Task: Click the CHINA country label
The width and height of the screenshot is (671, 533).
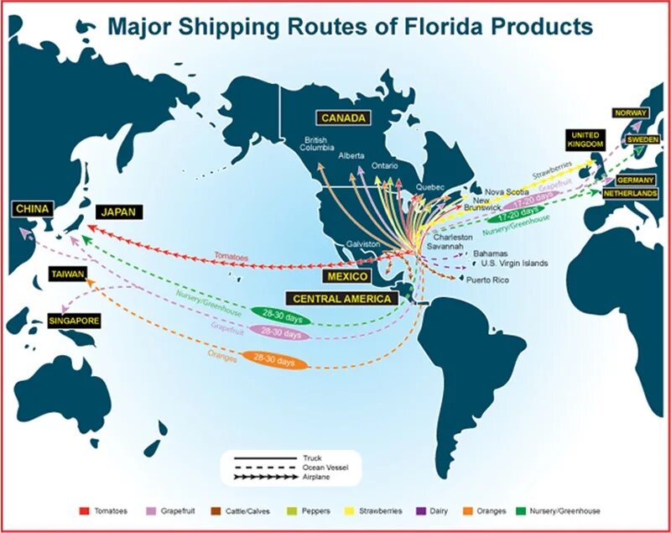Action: tap(33, 207)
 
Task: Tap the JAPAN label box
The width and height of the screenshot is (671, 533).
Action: tap(119, 212)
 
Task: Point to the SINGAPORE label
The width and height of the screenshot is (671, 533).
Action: tap(74, 321)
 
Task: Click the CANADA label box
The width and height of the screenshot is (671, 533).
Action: tap(343, 118)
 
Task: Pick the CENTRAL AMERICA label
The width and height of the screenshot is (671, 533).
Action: tap(342, 298)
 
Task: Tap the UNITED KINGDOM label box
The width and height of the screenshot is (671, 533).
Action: tap(585, 139)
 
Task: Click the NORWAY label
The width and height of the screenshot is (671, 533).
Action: tap(632, 112)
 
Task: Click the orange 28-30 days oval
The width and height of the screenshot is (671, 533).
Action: tap(274, 361)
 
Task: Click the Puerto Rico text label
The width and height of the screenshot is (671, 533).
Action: tap(488, 280)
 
